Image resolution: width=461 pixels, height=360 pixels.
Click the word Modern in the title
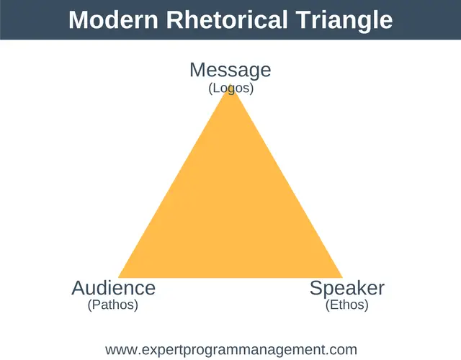click(x=114, y=19)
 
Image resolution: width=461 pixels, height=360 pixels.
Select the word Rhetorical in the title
click(x=227, y=19)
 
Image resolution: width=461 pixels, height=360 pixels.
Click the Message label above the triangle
click(x=230, y=71)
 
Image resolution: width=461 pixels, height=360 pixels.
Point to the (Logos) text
click(x=230, y=89)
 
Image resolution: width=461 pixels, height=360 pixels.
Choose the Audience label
click(x=114, y=288)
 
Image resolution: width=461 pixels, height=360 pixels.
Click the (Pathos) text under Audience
click(x=113, y=305)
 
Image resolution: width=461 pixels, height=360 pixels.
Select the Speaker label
click(x=347, y=288)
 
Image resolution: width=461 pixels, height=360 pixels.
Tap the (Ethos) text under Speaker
click(x=347, y=305)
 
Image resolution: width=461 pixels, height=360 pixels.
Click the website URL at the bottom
click(x=231, y=350)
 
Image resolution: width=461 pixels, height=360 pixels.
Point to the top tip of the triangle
click(x=230, y=84)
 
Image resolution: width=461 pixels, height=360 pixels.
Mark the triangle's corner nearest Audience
click(x=118, y=277)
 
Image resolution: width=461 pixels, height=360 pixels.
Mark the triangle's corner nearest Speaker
click(x=343, y=277)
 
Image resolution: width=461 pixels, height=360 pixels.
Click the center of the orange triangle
click(x=230, y=213)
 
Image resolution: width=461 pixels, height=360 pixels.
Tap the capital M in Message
click(x=197, y=70)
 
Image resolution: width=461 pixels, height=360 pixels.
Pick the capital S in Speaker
click(x=316, y=288)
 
